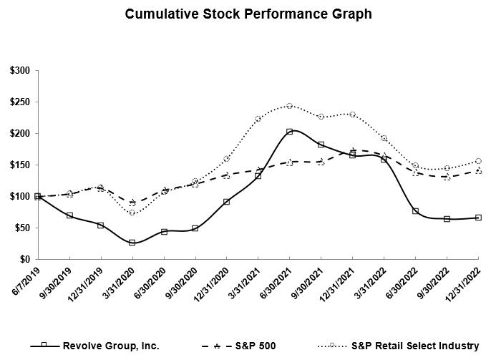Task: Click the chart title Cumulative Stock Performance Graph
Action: [248, 14]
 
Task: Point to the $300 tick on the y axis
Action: [20, 71]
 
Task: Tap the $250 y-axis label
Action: [20, 102]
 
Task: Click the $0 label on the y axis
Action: [25, 259]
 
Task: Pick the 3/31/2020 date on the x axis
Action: [117, 283]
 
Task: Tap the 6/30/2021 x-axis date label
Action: [274, 283]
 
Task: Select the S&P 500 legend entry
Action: [244, 345]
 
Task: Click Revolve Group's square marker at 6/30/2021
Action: [289, 132]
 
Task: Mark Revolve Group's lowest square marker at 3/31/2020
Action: [132, 243]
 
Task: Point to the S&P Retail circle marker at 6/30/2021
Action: [289, 106]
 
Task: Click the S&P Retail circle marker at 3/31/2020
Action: [132, 213]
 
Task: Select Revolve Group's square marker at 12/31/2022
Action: [478, 218]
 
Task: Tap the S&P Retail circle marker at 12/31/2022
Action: [478, 161]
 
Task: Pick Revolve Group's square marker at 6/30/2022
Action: [415, 211]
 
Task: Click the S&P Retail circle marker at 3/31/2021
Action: [258, 119]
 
